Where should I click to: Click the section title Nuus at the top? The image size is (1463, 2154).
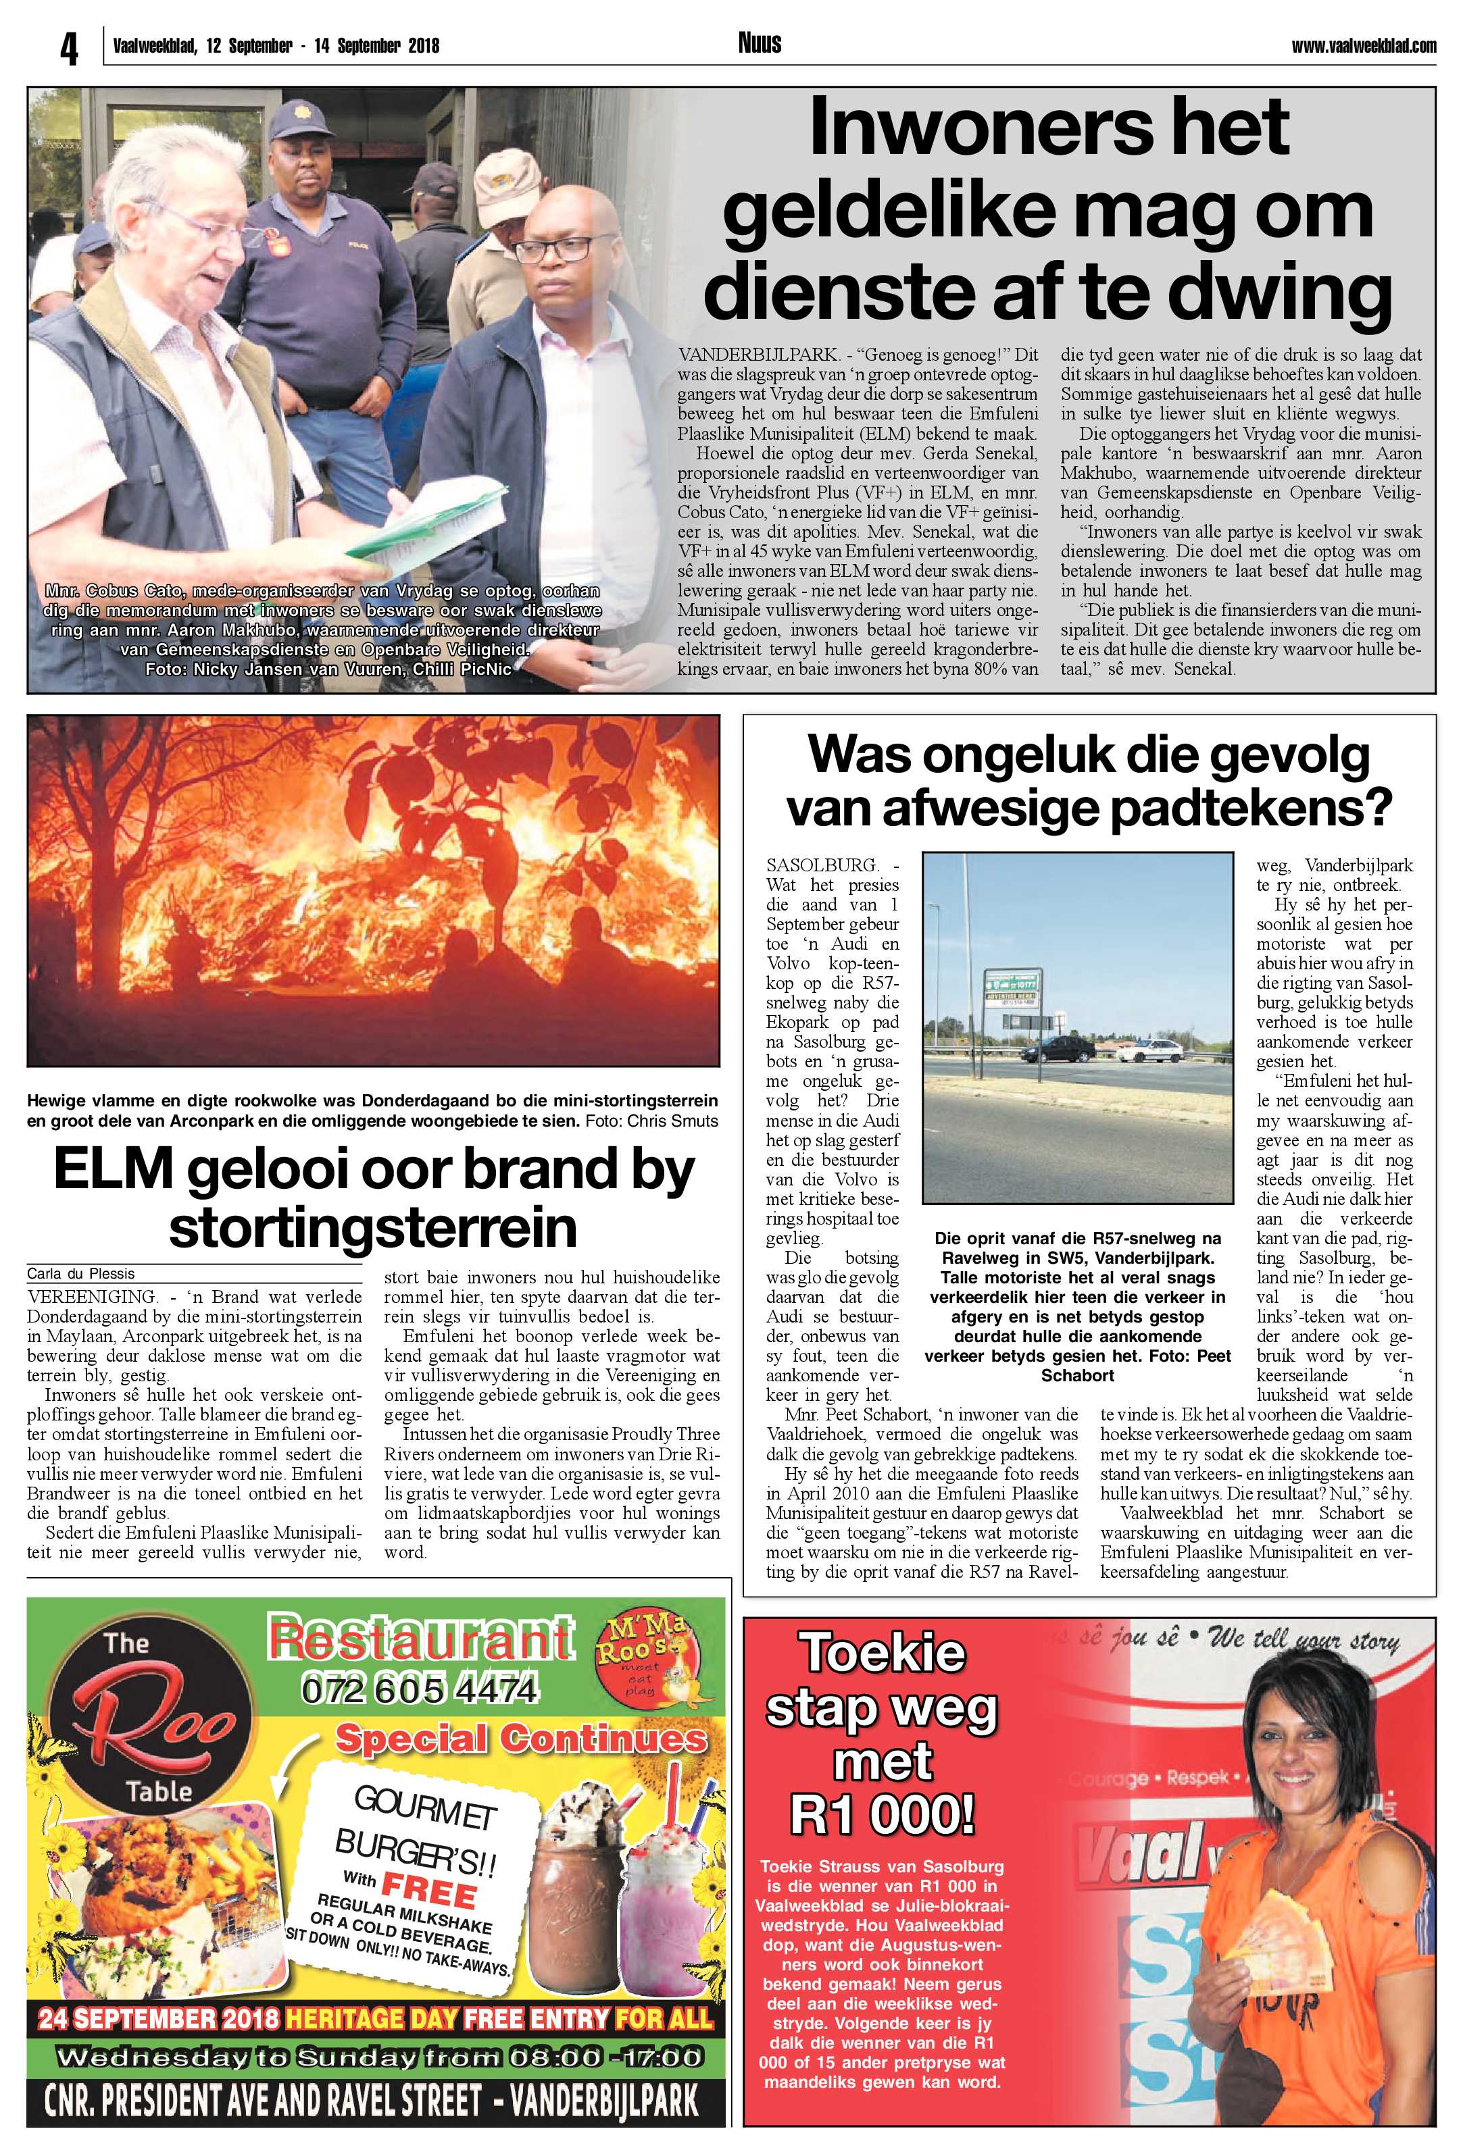(760, 43)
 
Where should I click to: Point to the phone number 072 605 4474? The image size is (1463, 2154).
(419, 1691)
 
